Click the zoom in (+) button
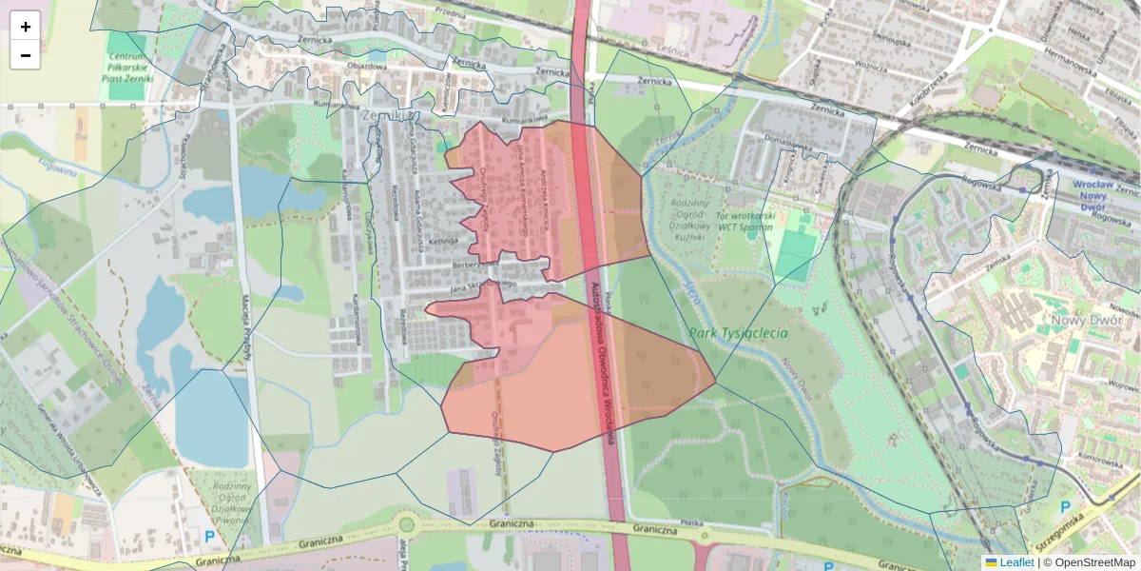[x=26, y=27]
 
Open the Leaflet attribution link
[x=1016, y=562]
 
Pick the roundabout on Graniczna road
[x=407, y=524]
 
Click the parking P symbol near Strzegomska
[x=1066, y=508]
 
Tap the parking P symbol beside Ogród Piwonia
[x=209, y=537]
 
